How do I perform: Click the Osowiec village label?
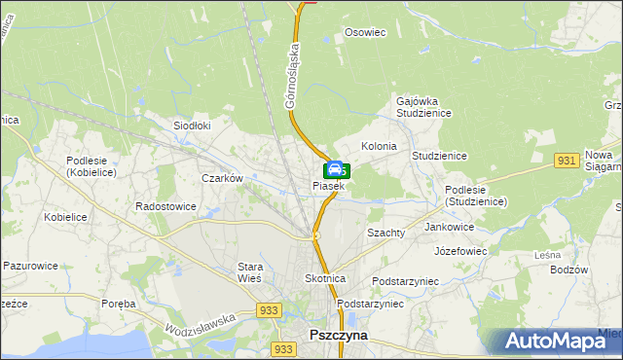[366, 32]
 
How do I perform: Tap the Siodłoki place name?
[192, 126]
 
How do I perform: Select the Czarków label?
[221, 178]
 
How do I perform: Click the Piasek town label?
[328, 185]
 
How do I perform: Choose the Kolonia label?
[379, 146]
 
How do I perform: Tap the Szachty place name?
[385, 234]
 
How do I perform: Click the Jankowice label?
[450, 227]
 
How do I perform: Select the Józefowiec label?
[460, 250]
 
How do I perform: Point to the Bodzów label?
[569, 270]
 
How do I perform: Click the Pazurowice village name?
[30, 265]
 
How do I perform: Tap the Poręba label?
[118, 304]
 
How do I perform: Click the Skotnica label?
[325, 278]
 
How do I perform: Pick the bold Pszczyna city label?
[338, 334]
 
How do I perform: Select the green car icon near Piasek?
[333, 169]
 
